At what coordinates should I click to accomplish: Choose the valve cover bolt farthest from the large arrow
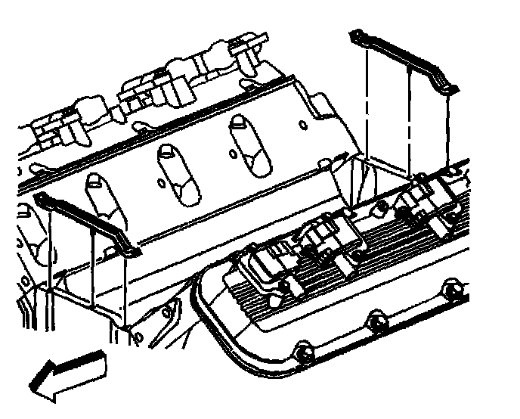[x=452, y=289]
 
